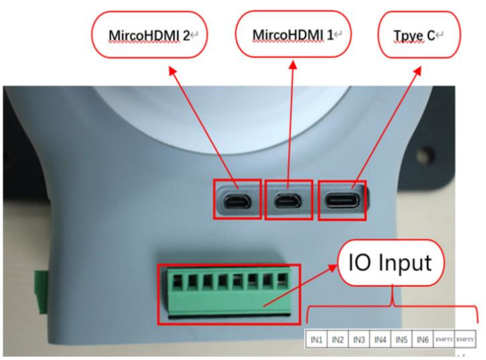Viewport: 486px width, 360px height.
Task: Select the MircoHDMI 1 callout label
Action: [293, 33]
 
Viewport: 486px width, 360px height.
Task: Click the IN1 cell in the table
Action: [316, 339]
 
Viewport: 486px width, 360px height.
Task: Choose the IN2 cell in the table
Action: [338, 339]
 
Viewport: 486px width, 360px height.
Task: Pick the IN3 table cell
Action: [359, 339]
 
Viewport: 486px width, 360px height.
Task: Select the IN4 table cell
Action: [380, 339]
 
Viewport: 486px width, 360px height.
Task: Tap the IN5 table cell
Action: [401, 339]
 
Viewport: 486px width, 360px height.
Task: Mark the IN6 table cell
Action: [422, 339]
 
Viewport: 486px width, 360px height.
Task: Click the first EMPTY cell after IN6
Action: [443, 339]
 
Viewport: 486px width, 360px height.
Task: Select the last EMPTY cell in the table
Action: [465, 339]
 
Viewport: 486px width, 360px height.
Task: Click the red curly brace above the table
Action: [392, 306]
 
